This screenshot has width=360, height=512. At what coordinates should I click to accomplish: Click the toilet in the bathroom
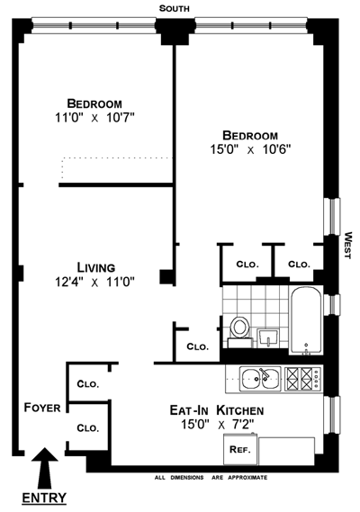[239, 331]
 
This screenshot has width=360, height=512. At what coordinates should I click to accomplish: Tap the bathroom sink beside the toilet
[268, 338]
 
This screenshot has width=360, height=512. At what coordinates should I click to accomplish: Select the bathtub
[306, 320]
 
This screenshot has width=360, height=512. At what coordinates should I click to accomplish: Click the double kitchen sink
[260, 379]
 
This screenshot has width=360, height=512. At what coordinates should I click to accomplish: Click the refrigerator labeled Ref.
[240, 449]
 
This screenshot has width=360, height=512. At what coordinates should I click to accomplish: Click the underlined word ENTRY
[44, 499]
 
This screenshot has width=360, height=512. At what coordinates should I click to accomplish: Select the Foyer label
[42, 408]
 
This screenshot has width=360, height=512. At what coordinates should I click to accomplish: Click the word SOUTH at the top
[174, 8]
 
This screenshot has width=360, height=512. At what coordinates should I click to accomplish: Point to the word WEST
[348, 246]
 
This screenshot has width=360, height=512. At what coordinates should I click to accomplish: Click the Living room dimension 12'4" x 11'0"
[94, 282]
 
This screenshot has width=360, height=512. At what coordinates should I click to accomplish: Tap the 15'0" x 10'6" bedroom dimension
[250, 149]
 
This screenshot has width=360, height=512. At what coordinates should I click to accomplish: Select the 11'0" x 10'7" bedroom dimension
[94, 118]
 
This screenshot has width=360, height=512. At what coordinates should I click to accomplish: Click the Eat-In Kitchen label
[217, 410]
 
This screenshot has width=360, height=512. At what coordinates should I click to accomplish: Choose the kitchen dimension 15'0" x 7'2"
[217, 425]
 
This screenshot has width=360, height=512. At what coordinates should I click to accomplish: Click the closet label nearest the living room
[198, 346]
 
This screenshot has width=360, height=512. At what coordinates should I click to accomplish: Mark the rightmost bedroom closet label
[299, 265]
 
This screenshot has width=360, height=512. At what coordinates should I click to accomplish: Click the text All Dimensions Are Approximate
[211, 478]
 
